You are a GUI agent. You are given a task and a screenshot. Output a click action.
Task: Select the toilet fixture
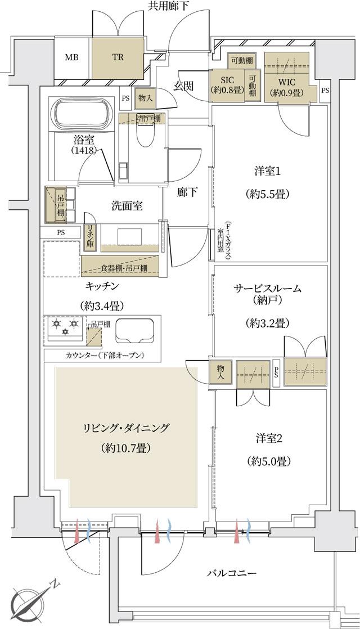[x=144, y=135]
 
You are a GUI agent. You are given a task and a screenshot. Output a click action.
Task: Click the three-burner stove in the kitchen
[x=64, y=327]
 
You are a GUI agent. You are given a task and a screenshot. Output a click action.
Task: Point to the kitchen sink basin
[x=134, y=330]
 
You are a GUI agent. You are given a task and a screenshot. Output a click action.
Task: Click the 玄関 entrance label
[x=183, y=86]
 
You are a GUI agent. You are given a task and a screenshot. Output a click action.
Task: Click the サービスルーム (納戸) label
[x=267, y=294]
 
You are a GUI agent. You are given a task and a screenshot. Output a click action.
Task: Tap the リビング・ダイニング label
[x=126, y=428]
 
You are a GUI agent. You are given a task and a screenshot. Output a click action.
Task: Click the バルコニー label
[x=231, y=573]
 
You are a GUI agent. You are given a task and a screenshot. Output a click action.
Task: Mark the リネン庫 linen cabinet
[x=89, y=237]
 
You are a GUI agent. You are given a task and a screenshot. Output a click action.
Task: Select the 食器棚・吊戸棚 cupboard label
[x=121, y=268]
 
